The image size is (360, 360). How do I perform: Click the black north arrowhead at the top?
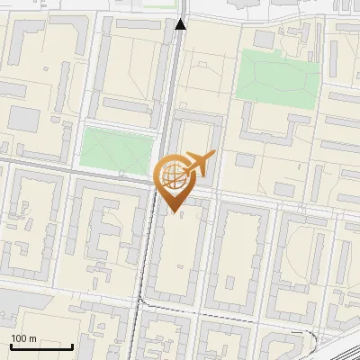pos(181,24)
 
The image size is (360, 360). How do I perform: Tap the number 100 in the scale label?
pos(20,338)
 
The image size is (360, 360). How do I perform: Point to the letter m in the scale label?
pos(33,338)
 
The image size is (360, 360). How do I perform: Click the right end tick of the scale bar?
pos(72,345)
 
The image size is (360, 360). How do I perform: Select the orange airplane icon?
pos(197,163)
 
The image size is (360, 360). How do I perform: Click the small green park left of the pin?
pos(114,149)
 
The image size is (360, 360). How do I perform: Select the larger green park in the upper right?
pos(278,73)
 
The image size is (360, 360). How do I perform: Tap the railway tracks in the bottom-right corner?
pos(337,346)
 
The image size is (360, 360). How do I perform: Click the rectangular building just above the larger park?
pos(265,40)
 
